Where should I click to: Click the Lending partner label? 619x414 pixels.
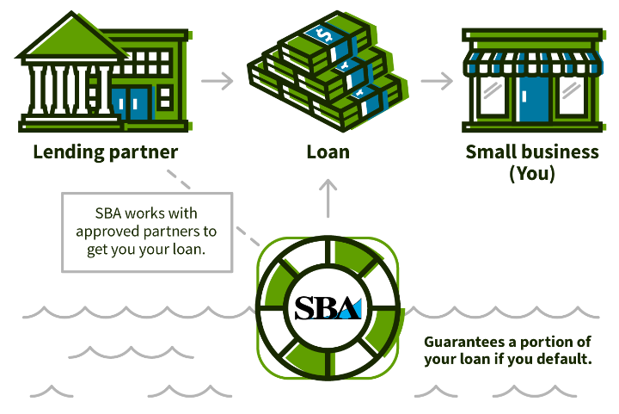106,152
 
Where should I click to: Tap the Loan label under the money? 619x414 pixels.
328,152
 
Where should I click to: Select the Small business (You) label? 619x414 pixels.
532,163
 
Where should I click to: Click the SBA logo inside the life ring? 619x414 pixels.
328,308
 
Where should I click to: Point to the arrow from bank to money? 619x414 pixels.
218,81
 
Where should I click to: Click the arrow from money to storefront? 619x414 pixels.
437,81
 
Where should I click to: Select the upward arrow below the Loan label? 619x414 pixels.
328,198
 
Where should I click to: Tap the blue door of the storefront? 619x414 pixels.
533,99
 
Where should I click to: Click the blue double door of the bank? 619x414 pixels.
132,103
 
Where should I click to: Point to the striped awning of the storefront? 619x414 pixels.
533,63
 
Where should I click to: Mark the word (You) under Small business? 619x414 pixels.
532,174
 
